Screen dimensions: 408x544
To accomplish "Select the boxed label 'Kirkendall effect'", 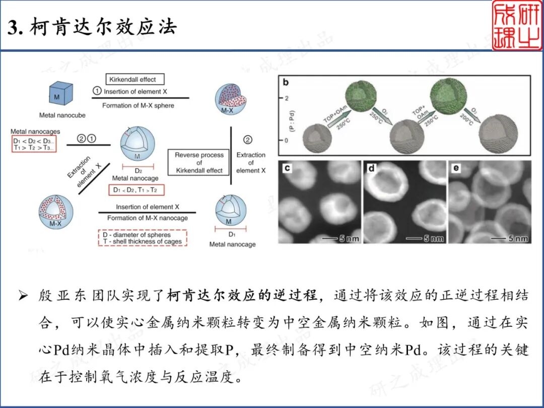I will pos(135,79).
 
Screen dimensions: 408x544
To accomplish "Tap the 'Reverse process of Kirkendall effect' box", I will pos(199,163).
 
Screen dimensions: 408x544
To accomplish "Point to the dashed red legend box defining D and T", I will pos(142,238).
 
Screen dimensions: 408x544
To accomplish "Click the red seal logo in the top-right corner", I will pos(517,25).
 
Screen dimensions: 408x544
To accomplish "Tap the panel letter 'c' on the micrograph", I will pos(287,168).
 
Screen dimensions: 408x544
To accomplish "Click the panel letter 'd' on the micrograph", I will pos(372,168).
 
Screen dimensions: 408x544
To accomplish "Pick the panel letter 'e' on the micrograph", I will pos(456,168).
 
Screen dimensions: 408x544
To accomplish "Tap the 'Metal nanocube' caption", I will pos(62,115).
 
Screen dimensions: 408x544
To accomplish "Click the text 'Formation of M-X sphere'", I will pos(138,106).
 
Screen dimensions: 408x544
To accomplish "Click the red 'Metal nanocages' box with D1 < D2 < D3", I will pos(34,142).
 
